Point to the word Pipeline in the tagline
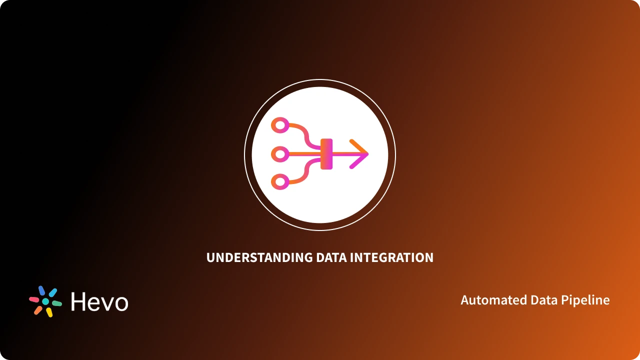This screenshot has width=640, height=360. pos(589,300)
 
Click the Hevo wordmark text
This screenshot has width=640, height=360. pos(99,302)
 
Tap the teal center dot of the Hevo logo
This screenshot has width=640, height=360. pos(45,301)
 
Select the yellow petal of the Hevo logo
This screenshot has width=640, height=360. pos(49,312)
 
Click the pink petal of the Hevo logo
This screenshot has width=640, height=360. pos(34,299)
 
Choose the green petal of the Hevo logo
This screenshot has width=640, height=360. pos(57,303)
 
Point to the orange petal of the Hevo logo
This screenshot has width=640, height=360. pos(38,310)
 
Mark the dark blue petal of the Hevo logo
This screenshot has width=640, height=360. pos(41,291)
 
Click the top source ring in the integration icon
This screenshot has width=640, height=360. pos(279,125)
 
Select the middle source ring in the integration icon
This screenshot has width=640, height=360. pos(279,154)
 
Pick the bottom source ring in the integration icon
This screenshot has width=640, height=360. pos(279,182)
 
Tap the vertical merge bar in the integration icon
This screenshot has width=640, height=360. pos(326,154)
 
